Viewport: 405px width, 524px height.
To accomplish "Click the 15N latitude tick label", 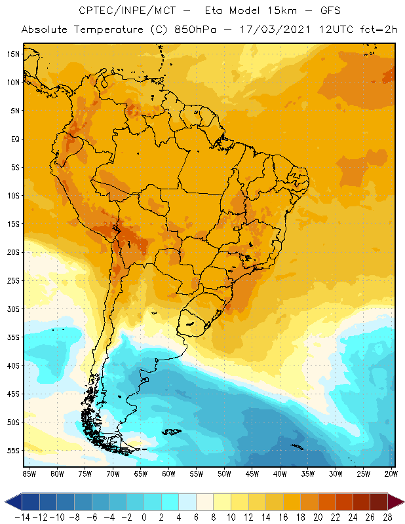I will coord(13,54).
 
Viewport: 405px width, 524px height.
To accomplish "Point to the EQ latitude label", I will coord(14,139).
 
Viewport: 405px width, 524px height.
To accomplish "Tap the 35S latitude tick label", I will coord(13,337).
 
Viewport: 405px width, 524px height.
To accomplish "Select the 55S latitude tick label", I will coord(13,450).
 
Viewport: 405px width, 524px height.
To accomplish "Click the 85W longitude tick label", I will coord(29,473).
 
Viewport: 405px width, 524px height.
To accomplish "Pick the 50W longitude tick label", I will coord(224,473).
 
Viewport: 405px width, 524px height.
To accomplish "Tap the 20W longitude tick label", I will coord(391,473).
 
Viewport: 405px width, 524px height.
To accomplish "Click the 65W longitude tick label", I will coord(140,473).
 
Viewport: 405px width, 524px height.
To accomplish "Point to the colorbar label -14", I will coord(22,517).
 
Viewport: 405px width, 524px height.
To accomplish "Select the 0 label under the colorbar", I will coord(144,517).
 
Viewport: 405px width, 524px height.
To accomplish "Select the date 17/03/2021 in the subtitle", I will coord(266,29).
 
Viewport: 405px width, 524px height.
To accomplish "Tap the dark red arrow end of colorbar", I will coord(396,502).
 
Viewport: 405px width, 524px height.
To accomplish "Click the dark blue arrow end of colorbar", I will coord(12,502).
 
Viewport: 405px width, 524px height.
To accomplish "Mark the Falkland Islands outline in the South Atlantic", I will coord(172,432).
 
